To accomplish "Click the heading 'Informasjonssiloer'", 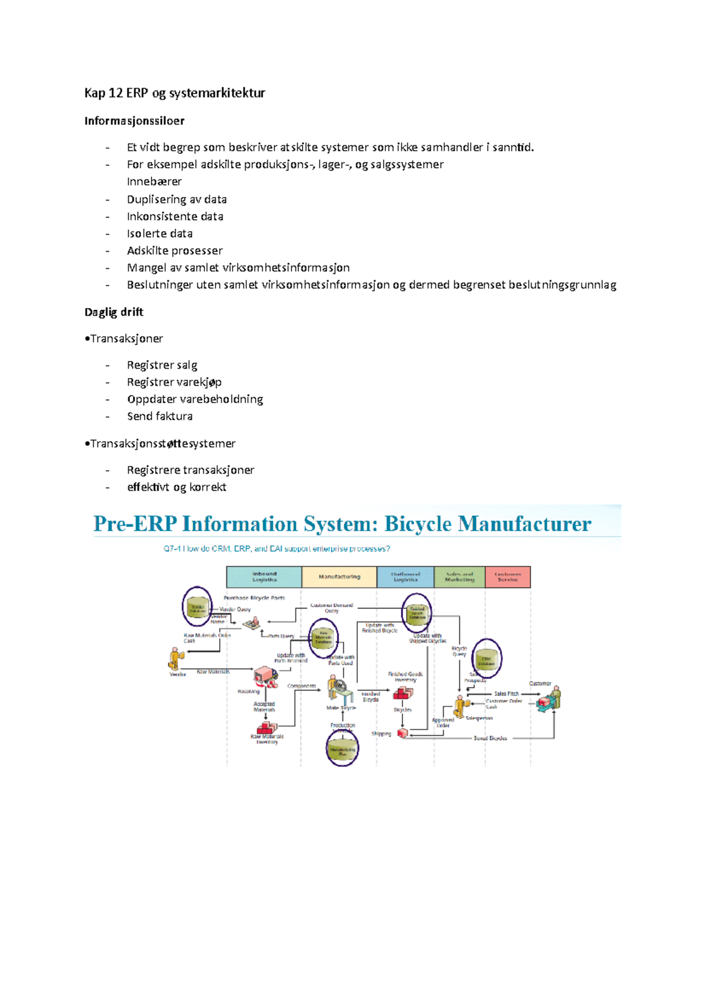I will coord(134,121).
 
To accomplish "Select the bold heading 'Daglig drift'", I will coord(113,312).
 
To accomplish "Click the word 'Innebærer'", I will coord(154,182).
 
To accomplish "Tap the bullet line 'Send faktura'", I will coord(159,416).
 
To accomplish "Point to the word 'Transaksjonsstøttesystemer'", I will coord(163,444).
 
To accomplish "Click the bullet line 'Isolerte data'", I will coord(159,233).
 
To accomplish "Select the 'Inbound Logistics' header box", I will coord(264,577).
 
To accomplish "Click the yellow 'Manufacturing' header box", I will coord(339,577).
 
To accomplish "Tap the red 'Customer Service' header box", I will coord(508,577).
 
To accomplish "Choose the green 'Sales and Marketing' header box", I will coord(459,577).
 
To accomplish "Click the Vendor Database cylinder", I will coord(197,607).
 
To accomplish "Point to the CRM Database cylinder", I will coord(486,659).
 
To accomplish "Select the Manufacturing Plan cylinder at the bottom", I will coord(342,750).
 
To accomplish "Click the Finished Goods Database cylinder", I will coord(417,613).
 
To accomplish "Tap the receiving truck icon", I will coord(266,677).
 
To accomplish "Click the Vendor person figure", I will coord(174,659).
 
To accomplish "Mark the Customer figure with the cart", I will coord(550,699).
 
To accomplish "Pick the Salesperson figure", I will coord(459,706).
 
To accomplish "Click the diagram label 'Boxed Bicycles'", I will coord(490,738).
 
